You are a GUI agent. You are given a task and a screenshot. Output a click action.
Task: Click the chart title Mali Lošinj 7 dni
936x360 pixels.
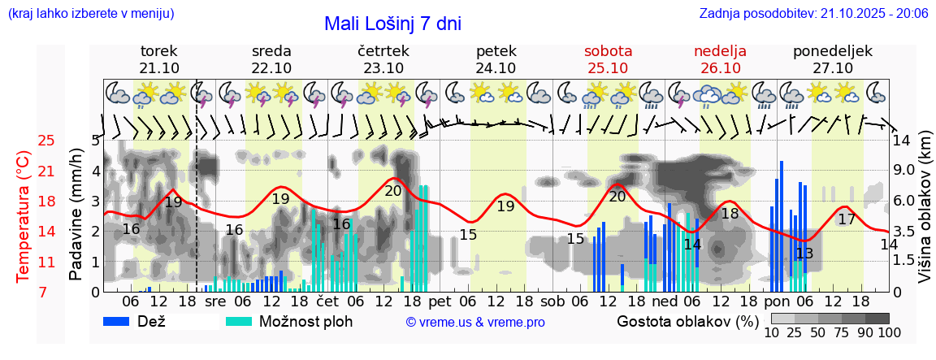pos(392,24)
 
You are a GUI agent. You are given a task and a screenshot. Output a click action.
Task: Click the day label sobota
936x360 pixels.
pos(608,51)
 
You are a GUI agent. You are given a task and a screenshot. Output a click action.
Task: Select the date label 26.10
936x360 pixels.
pos(720,67)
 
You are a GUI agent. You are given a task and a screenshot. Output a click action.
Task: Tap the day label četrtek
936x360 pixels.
pos(383,51)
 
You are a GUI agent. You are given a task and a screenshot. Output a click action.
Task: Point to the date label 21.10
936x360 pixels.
pos(159,67)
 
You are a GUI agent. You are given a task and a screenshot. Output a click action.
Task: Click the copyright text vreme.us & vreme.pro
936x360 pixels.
pos(475,322)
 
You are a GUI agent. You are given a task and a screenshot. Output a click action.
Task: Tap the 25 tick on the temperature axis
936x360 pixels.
pos(46,141)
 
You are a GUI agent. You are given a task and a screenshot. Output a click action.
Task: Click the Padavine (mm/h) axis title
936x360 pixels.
pos(76,215)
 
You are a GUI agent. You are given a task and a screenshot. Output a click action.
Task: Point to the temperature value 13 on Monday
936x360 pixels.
pos(804,254)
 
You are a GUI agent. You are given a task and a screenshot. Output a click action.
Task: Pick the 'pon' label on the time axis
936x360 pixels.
pos(777,301)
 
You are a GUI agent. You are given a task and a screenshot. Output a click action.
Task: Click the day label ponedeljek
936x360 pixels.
pos(833,51)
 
